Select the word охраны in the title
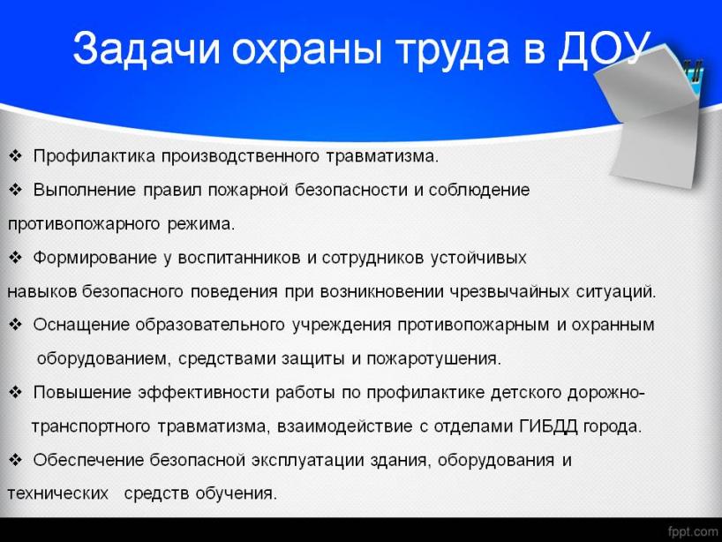click(x=307, y=50)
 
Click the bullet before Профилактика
click(x=15, y=155)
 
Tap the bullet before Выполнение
click(x=15, y=189)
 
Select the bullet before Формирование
click(x=15, y=257)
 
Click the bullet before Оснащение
click(x=15, y=325)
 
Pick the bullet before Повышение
click(x=15, y=392)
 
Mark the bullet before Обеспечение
click(x=15, y=460)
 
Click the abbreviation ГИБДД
click(x=548, y=426)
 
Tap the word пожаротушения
click(x=433, y=358)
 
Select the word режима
click(x=200, y=224)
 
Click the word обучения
click(x=237, y=493)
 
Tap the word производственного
click(x=240, y=156)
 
